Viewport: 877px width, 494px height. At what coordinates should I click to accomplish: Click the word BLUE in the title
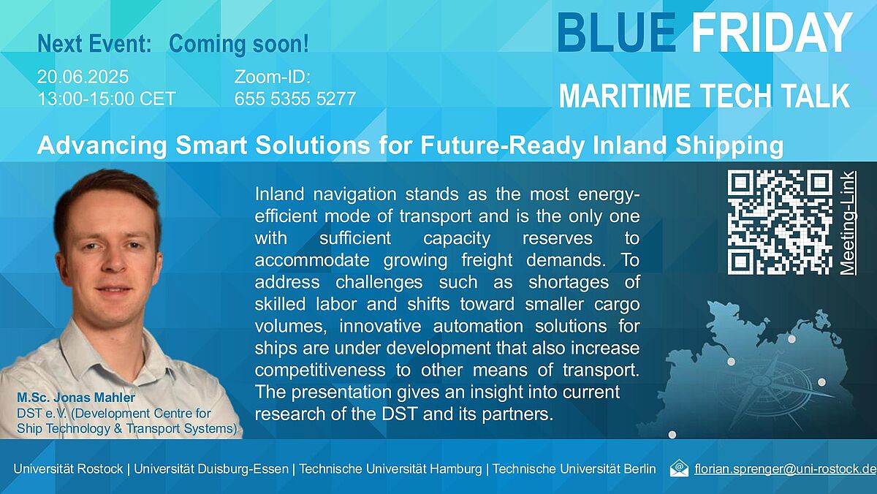click(x=617, y=32)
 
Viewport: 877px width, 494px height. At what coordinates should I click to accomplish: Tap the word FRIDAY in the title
click(x=772, y=32)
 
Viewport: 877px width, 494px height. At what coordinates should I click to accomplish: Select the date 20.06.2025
click(x=83, y=77)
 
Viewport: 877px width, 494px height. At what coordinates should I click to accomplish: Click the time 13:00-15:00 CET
click(x=107, y=99)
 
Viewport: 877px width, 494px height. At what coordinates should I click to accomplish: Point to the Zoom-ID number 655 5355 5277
click(x=295, y=99)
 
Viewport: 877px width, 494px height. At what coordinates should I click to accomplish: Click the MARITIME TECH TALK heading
click(x=705, y=96)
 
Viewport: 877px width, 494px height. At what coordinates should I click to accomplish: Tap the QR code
click(x=780, y=222)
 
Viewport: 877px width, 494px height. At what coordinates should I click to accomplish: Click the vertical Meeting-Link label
click(x=847, y=223)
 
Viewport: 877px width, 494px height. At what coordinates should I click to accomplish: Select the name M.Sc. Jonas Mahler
click(x=76, y=398)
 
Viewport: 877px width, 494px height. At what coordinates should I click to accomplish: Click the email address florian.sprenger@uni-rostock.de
click(x=785, y=468)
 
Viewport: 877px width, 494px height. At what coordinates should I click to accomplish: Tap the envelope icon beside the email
click(x=679, y=468)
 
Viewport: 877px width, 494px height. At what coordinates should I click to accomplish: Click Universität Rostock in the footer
click(x=68, y=468)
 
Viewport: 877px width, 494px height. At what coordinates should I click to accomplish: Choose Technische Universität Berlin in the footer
click(x=574, y=468)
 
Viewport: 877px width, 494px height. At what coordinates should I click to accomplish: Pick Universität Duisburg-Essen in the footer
click(x=211, y=468)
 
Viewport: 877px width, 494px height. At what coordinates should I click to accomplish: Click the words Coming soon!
click(x=239, y=43)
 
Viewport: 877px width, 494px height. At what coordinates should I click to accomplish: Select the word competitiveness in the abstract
click(x=320, y=370)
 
